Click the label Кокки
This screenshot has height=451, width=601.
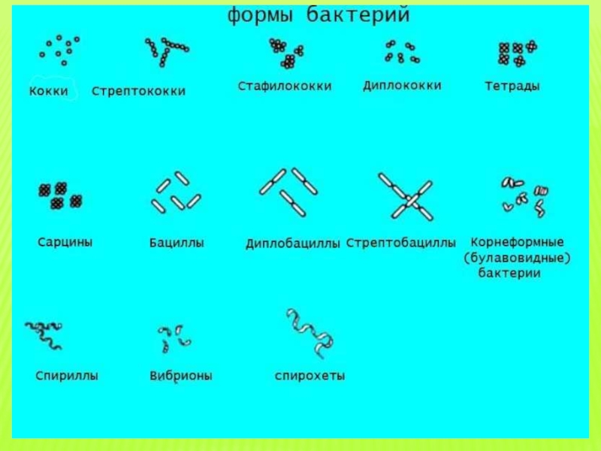pos(49,92)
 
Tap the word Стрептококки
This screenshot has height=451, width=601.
pos(138,92)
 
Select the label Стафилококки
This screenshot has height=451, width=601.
pos(285,86)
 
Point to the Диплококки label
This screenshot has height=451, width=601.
pos(402,86)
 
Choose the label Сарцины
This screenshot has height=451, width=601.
pos(65,243)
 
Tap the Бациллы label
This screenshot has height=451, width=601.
pos(177,244)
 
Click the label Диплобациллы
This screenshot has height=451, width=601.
pos(293,244)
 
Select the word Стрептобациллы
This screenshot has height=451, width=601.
pos(400,244)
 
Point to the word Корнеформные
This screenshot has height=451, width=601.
pos(517,243)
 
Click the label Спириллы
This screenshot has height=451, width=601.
pos(67,375)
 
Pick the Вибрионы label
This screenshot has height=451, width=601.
pos(181,375)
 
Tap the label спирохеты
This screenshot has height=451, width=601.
pos(310,375)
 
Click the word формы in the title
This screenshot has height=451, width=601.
pos(261,15)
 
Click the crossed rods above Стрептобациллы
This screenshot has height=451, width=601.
pos(406,198)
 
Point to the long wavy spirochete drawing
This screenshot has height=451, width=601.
pos(310,331)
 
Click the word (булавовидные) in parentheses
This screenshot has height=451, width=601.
pos(518,259)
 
